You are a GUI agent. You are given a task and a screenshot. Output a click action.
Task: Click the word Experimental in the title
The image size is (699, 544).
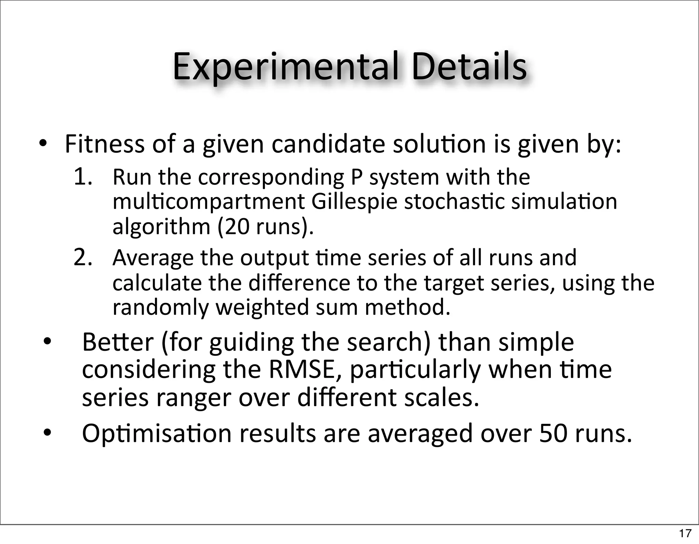[x=285, y=67]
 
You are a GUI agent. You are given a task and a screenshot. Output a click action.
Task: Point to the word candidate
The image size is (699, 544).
[x=328, y=144]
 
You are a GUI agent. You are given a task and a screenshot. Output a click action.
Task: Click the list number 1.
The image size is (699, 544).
[x=83, y=177]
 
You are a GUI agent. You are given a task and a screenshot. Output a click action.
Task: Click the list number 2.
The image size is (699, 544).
[x=83, y=257]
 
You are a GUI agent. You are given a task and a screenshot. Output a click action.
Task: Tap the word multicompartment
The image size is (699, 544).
[x=208, y=202]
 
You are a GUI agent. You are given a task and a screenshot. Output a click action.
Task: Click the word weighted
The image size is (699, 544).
[x=262, y=307]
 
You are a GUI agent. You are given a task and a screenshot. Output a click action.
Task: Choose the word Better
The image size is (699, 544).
[x=118, y=342]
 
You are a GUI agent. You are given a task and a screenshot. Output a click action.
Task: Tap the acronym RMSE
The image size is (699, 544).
[x=305, y=370]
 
